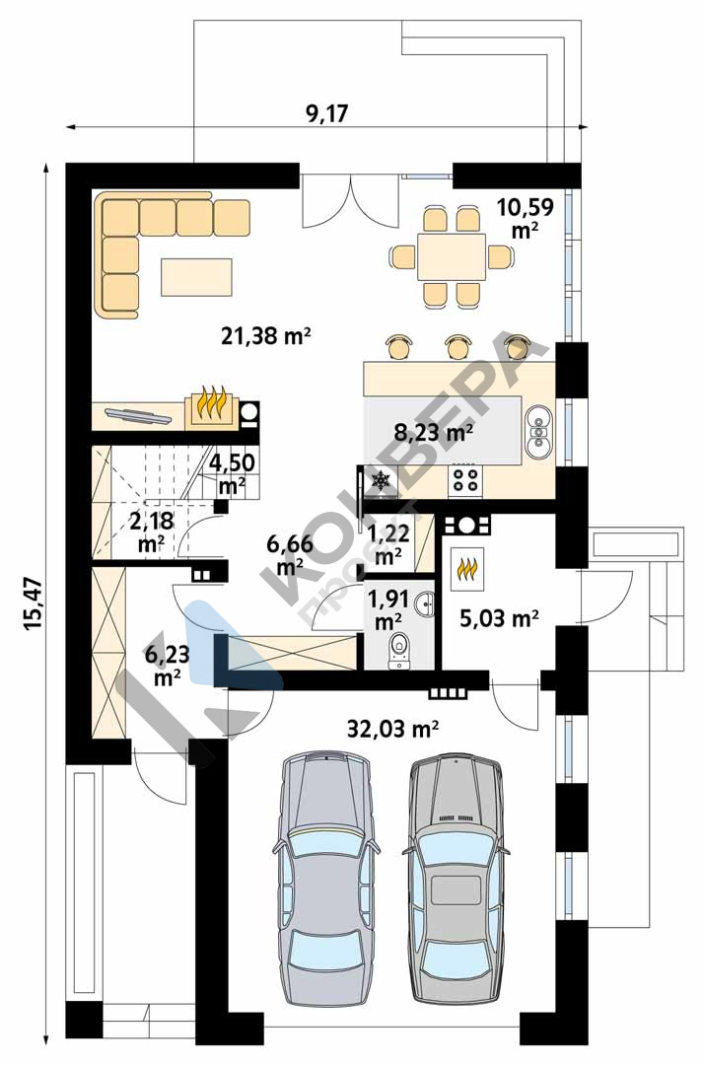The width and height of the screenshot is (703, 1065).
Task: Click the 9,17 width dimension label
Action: click(x=326, y=112)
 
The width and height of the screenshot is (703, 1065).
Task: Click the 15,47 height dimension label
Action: click(x=34, y=604)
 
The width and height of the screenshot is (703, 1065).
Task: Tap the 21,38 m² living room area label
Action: click(x=266, y=334)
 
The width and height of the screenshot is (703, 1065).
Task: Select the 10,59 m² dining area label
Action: click(x=526, y=218)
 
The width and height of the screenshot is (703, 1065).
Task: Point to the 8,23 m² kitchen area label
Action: click(x=434, y=431)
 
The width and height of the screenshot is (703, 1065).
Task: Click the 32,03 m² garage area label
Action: click(x=391, y=729)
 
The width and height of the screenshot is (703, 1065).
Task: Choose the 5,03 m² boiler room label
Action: click(x=499, y=618)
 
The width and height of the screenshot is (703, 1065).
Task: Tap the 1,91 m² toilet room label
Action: click(x=387, y=609)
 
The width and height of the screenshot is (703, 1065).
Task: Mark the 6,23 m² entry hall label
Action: click(x=167, y=666)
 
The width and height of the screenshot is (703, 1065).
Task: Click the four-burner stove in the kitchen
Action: click(x=466, y=480)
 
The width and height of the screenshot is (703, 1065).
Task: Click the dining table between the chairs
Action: click(x=452, y=256)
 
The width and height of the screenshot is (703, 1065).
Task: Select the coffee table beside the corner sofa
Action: click(x=197, y=277)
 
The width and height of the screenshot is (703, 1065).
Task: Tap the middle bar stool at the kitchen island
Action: click(x=458, y=346)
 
